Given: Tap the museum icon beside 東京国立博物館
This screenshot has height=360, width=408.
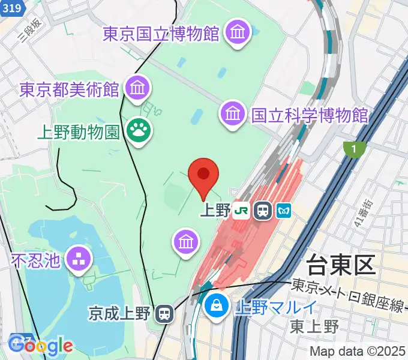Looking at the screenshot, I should click(238, 32).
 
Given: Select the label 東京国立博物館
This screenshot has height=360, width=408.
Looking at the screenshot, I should click(161, 34).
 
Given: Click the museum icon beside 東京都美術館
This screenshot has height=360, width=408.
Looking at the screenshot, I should click(138, 89).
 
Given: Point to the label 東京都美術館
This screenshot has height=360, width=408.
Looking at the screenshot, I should click(68, 90).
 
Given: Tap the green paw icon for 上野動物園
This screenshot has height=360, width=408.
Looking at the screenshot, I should click(139, 129).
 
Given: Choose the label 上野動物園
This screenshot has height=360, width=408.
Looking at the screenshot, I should click(78, 131).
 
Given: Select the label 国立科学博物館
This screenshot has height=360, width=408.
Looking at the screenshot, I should click(310, 114).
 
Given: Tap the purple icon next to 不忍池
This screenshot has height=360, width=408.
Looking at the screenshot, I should click(79, 259).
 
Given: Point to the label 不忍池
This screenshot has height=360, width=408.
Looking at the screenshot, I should click(35, 260).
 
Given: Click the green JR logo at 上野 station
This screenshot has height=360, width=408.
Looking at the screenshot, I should click(242, 211).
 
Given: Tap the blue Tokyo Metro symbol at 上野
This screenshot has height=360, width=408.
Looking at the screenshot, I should click(283, 211).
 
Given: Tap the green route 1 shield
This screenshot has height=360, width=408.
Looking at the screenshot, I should click(355, 149).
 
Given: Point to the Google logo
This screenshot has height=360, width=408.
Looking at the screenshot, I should click(41, 346).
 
